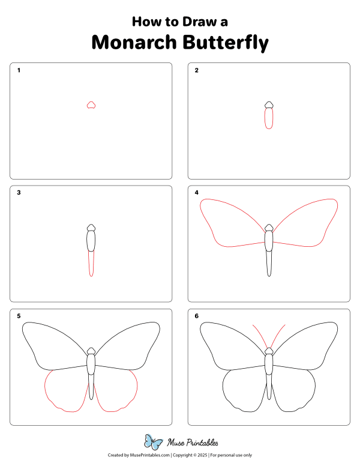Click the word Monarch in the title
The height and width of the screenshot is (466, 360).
[x=130, y=43]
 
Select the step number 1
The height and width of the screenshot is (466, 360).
[x=19, y=70]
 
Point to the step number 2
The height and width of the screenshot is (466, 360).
[x=196, y=70]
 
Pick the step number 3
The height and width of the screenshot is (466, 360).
[x=19, y=193]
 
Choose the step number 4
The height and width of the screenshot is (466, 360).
[x=196, y=193]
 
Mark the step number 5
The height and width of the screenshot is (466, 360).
[x=19, y=316]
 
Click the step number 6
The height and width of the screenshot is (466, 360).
[x=196, y=316]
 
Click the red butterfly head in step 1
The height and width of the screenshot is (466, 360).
[x=91, y=105]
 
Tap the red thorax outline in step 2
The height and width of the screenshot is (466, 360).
[x=269, y=119]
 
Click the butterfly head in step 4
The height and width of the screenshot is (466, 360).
[x=269, y=228]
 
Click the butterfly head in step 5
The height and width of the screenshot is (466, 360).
[x=91, y=351]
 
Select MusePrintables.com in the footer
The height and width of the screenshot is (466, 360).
[x=148, y=456]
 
